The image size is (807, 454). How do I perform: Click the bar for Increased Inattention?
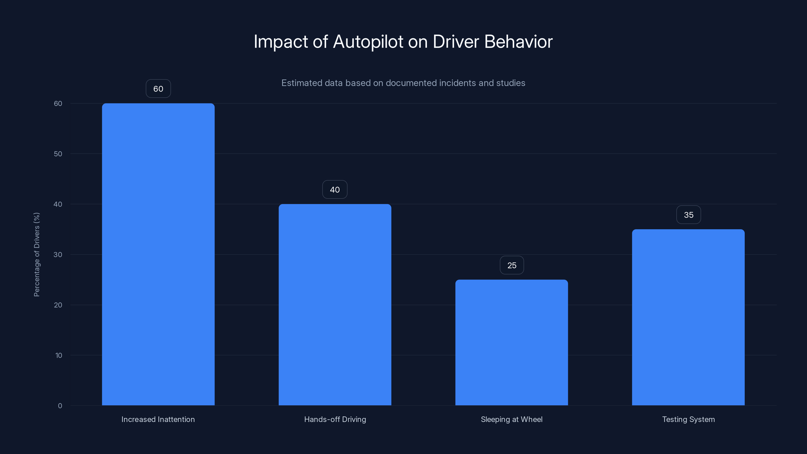158,254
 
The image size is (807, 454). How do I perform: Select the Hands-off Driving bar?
335,304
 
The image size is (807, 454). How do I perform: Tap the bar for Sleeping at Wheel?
512,342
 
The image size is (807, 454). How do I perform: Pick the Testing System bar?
688,317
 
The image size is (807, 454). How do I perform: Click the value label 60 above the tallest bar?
158,89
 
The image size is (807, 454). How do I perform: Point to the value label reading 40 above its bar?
335,190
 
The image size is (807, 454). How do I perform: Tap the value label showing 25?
512,265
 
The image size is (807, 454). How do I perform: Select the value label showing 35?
688,215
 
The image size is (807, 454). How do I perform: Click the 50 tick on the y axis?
58,154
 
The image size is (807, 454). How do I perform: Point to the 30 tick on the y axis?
58,255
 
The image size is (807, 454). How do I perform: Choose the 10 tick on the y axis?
59,355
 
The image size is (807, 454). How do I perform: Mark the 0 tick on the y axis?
60,406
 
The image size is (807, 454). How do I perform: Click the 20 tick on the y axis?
58,305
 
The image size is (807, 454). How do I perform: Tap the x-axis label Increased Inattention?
158,419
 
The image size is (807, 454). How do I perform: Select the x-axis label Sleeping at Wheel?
512,419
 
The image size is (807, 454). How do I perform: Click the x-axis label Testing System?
688,419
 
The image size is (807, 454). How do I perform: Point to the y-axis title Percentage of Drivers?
37,254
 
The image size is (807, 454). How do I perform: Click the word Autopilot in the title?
368,42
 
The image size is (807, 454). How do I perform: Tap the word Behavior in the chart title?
518,42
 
